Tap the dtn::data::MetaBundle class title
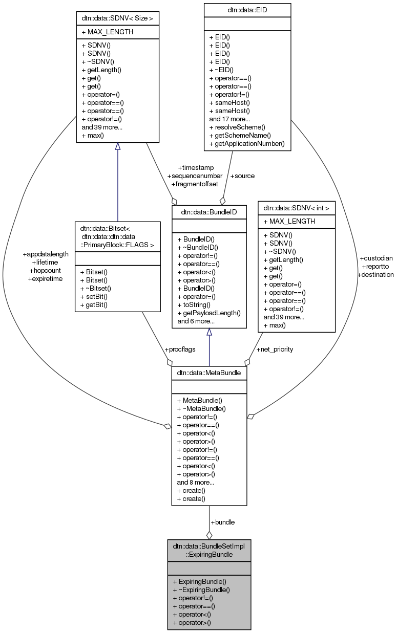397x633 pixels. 209,373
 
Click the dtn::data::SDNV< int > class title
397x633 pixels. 296,208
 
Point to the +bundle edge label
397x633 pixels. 223,522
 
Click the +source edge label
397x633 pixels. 242,176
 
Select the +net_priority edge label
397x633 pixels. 275,349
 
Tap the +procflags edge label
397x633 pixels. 180,350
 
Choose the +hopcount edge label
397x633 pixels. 45,270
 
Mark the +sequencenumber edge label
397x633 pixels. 195,176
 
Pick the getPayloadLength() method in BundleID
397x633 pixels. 209,313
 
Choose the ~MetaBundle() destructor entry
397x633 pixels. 201,408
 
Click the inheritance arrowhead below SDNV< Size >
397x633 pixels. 117,146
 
